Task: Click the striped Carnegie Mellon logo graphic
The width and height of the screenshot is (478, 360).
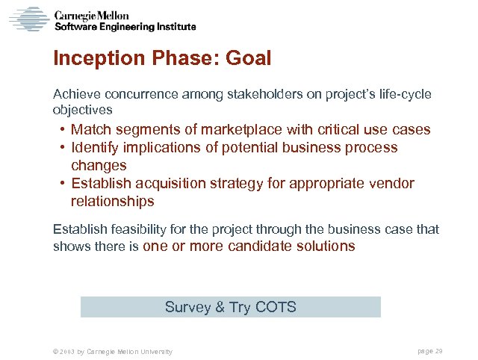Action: pos(29,18)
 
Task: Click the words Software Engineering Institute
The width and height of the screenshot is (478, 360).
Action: pos(126,26)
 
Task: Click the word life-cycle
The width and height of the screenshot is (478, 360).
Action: pos(403,95)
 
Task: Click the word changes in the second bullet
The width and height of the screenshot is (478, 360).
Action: pos(99,166)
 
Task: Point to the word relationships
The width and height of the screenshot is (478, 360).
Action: pos(112,202)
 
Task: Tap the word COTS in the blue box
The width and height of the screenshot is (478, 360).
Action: pos(276,307)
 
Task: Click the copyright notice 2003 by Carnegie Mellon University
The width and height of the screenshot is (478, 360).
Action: pos(109,351)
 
